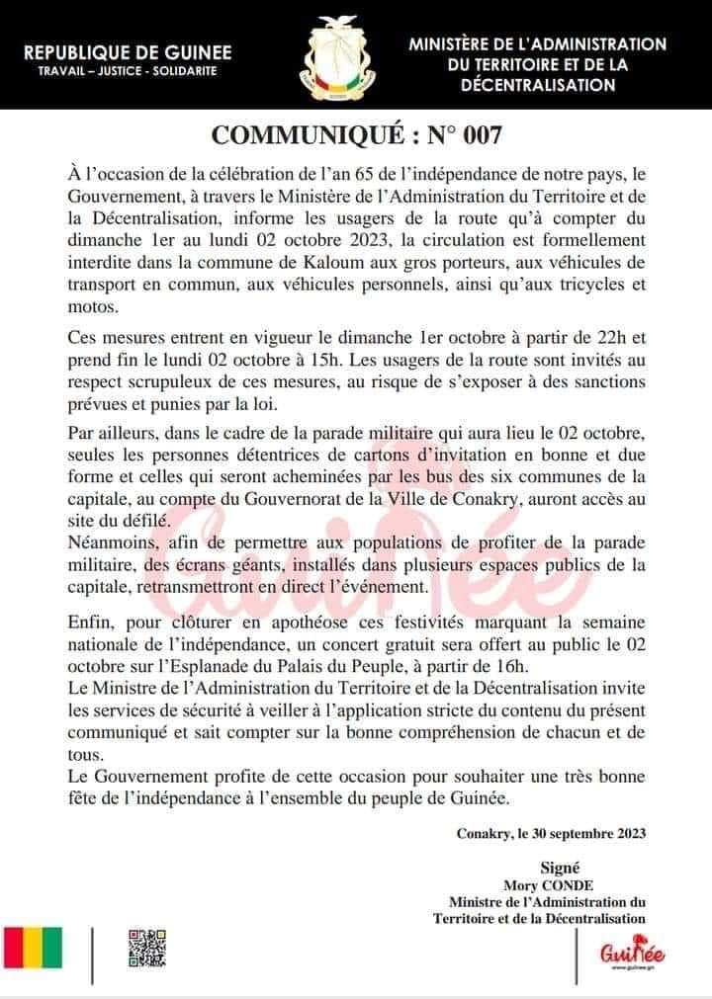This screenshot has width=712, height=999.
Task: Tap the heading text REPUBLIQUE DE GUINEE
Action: click(x=128, y=51)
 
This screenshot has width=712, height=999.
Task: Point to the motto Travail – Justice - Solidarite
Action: click(x=128, y=72)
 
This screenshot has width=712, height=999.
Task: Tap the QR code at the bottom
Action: click(x=146, y=948)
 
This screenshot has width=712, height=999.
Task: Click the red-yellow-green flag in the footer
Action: click(x=33, y=948)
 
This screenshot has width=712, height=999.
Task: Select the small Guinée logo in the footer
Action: click(x=632, y=953)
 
